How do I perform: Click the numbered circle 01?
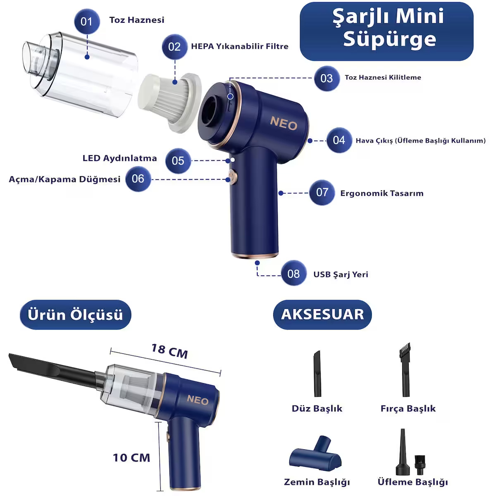(87, 21)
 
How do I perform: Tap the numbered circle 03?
(327, 79)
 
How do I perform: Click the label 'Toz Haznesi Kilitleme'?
(383, 77)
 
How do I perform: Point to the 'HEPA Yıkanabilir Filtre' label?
(240, 46)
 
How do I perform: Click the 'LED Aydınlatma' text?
(120, 158)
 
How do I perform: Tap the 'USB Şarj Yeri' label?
(341, 274)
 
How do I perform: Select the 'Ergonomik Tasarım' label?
(382, 193)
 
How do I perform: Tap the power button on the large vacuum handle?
(233, 177)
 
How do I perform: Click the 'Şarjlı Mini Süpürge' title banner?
(386, 31)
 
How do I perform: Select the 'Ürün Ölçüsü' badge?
(75, 315)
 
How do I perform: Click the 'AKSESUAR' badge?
(322, 315)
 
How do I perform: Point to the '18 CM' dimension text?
(169, 351)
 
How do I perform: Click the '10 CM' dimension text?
(131, 458)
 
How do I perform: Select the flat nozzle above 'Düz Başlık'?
(317, 374)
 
